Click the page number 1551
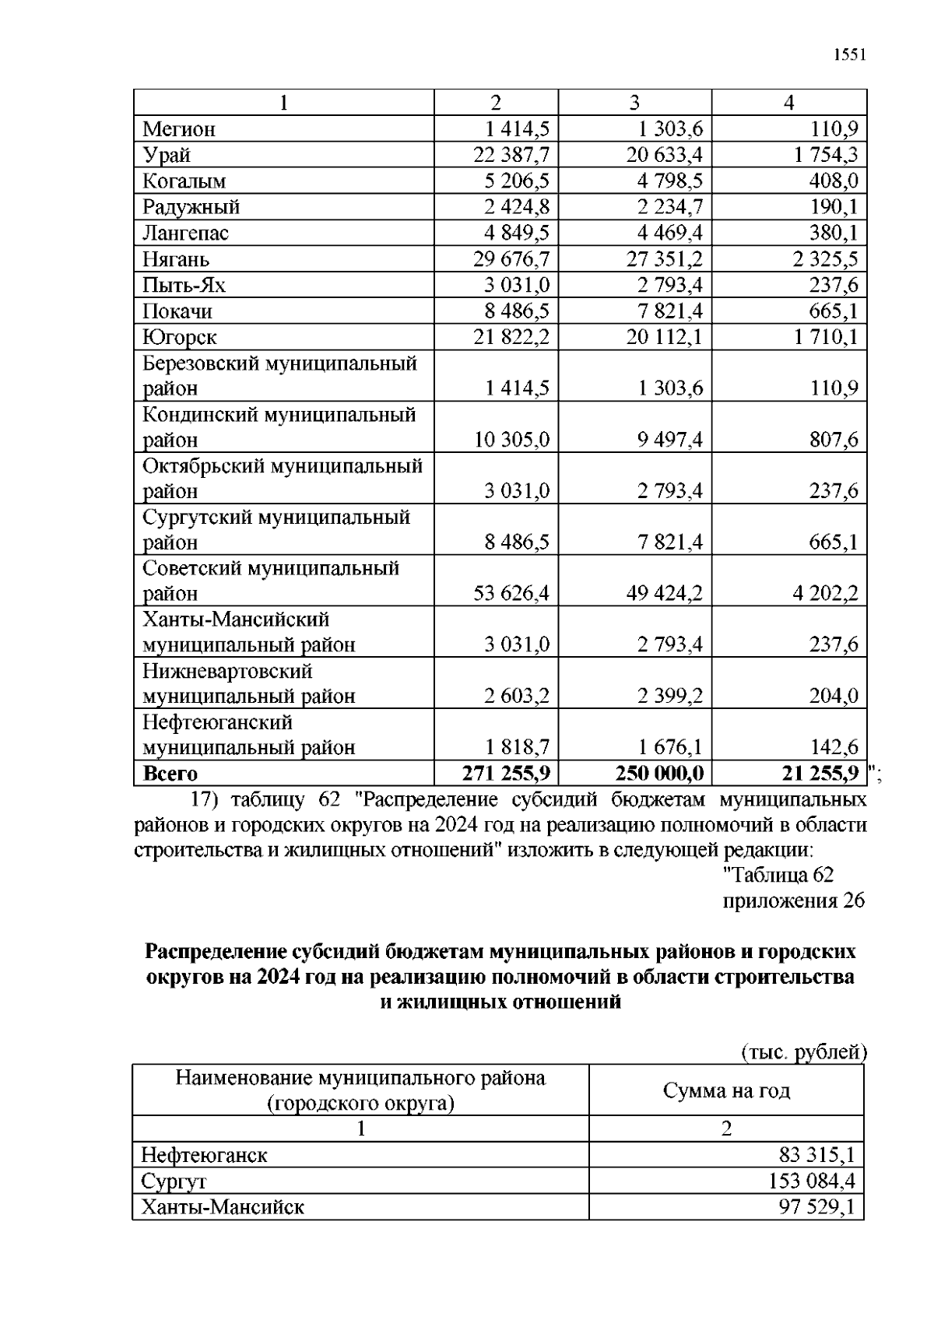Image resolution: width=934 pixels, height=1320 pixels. [849, 55]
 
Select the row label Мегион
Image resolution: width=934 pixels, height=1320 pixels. [178, 129]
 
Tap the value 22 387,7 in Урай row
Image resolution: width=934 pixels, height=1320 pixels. [511, 155]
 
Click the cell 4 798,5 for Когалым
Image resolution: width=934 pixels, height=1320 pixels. [664, 181]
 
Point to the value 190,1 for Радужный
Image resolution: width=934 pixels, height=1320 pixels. [833, 207]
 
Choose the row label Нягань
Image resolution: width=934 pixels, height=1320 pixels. [175, 259]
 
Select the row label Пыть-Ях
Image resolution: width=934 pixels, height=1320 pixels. [184, 286]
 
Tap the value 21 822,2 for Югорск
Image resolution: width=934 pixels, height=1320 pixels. [511, 337]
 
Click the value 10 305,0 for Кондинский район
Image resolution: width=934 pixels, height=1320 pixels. [511, 440]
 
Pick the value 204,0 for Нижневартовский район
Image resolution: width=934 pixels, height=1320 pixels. [833, 696]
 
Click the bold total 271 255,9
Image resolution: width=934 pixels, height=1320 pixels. [506, 773]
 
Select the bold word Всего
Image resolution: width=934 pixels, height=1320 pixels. [170, 774]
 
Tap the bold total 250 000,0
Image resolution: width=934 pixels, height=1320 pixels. [659, 773]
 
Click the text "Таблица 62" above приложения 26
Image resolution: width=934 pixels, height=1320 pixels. [778, 875]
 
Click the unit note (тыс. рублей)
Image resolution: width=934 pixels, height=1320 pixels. [802, 1052]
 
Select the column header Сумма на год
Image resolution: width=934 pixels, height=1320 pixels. [726, 1090]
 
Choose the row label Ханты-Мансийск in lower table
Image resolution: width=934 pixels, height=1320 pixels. [223, 1207]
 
